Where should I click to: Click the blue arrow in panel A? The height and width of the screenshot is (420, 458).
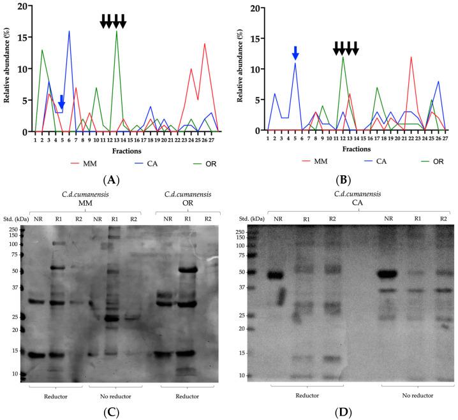click(61, 102)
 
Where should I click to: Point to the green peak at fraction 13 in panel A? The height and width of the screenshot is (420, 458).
click(117, 32)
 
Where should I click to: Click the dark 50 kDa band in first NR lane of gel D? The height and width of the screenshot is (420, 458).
click(275, 275)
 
